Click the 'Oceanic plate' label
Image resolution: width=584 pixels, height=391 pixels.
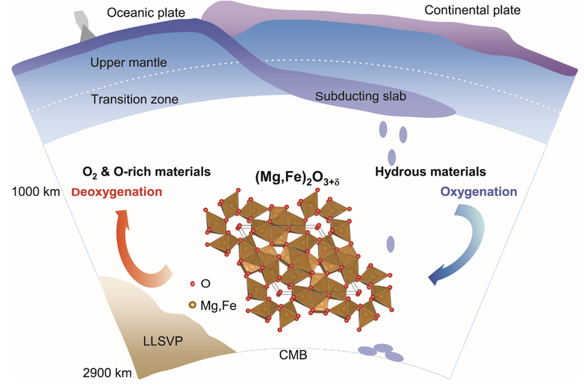tap(146, 13)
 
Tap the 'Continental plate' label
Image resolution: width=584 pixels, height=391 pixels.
tap(472, 10)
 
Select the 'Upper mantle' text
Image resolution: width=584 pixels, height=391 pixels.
tap(129, 63)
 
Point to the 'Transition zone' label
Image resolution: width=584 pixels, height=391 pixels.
tap(135, 100)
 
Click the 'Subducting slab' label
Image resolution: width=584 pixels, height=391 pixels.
tap(361, 96)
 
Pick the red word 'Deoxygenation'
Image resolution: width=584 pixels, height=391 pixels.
tap(116, 192)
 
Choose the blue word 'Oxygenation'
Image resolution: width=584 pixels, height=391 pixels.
tap(478, 192)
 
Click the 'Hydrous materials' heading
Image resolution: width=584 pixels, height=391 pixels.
tap(431, 172)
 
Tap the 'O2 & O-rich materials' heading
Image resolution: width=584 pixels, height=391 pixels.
tap(147, 172)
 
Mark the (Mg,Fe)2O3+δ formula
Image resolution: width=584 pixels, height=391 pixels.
tap(297, 178)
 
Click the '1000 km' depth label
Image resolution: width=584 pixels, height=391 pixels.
tap(36, 192)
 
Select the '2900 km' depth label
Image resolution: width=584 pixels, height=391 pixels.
tap(107, 373)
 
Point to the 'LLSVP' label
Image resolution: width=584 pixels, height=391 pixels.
tap(163, 341)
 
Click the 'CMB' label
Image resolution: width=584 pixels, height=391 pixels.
tap(293, 355)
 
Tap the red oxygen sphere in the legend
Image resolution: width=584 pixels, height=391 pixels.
tap(192, 284)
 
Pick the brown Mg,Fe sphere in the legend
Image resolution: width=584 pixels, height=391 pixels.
tap(192, 305)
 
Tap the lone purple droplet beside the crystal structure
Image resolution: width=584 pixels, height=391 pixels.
tap(390, 244)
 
